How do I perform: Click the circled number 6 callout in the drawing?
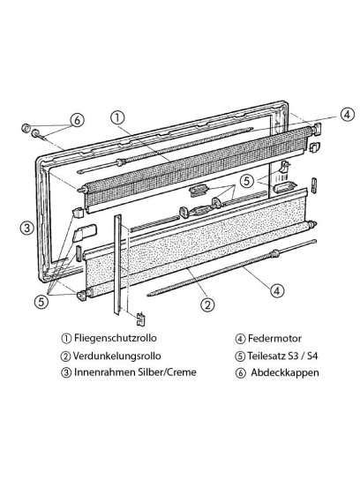click(77, 120)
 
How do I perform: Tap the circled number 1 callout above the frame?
click(118, 118)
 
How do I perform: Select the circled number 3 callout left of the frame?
click(27, 229)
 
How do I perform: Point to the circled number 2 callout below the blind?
click(207, 304)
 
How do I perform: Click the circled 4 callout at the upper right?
click(347, 115)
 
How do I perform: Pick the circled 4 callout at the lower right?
click(276, 290)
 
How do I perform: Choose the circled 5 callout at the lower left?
click(41, 302)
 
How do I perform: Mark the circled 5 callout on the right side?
click(247, 181)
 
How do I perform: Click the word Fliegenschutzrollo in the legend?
click(115, 338)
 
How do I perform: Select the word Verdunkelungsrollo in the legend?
click(116, 356)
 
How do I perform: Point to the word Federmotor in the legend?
click(274, 339)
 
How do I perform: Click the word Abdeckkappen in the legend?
click(285, 372)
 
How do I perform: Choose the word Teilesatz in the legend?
click(266, 356)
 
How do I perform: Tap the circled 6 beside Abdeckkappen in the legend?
click(241, 373)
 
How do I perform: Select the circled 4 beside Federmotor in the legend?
click(240, 339)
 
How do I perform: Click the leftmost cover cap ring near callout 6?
click(26, 127)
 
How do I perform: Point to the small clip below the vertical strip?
click(140, 319)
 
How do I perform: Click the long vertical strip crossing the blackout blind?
click(118, 264)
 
